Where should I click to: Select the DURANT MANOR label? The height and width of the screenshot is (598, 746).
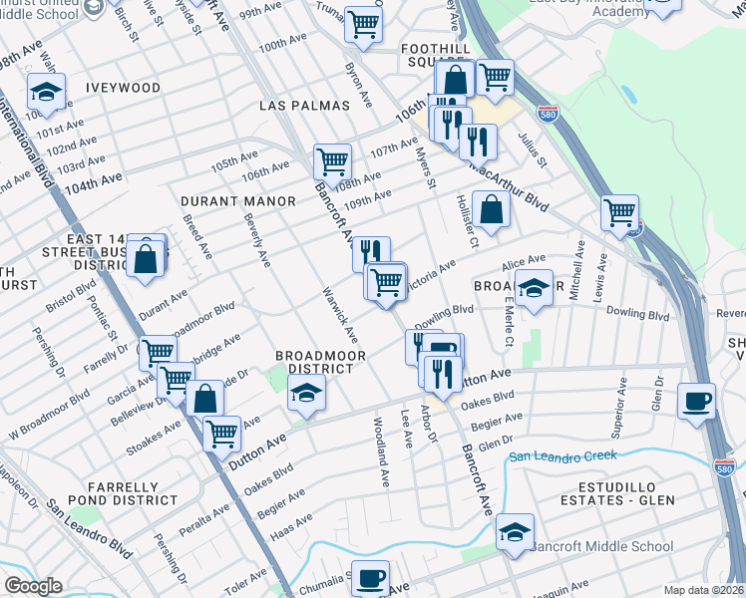coord(238,201)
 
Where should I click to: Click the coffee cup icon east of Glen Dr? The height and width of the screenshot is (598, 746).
coord(695,401)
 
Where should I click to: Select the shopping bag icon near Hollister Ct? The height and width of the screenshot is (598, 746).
coord(491,209)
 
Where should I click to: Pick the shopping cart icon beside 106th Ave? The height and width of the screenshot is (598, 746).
coord(332,160)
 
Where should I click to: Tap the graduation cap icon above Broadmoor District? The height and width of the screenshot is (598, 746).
coord(307,394)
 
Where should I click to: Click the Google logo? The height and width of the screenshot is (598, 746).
coord(32,586)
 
